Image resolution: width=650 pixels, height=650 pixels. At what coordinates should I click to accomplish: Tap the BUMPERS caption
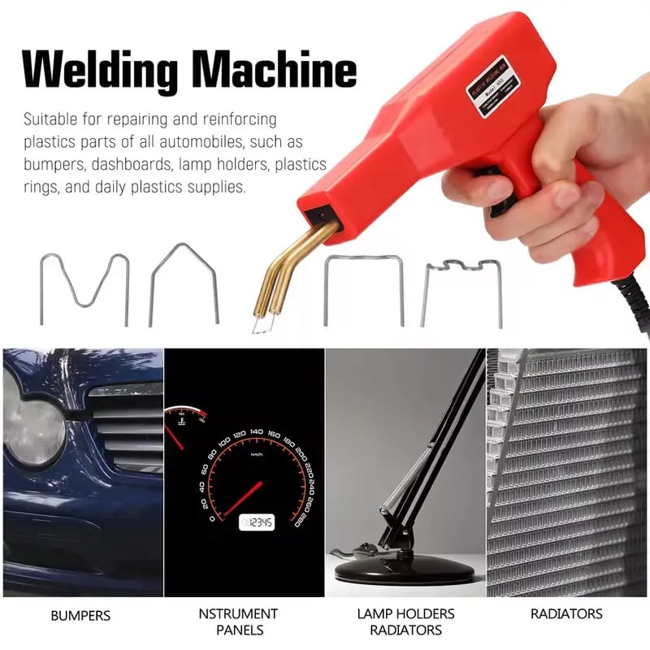pyautogui.click(x=80, y=615)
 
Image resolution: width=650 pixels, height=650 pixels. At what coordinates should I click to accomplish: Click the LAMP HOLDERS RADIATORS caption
pyautogui.click(x=405, y=622)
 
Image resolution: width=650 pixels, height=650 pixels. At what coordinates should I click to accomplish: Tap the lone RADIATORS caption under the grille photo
pyautogui.click(x=566, y=614)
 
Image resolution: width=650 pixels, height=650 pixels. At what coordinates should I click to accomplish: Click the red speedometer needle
pyautogui.click(x=242, y=500)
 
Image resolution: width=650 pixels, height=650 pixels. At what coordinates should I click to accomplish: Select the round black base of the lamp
pyautogui.click(x=404, y=569)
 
